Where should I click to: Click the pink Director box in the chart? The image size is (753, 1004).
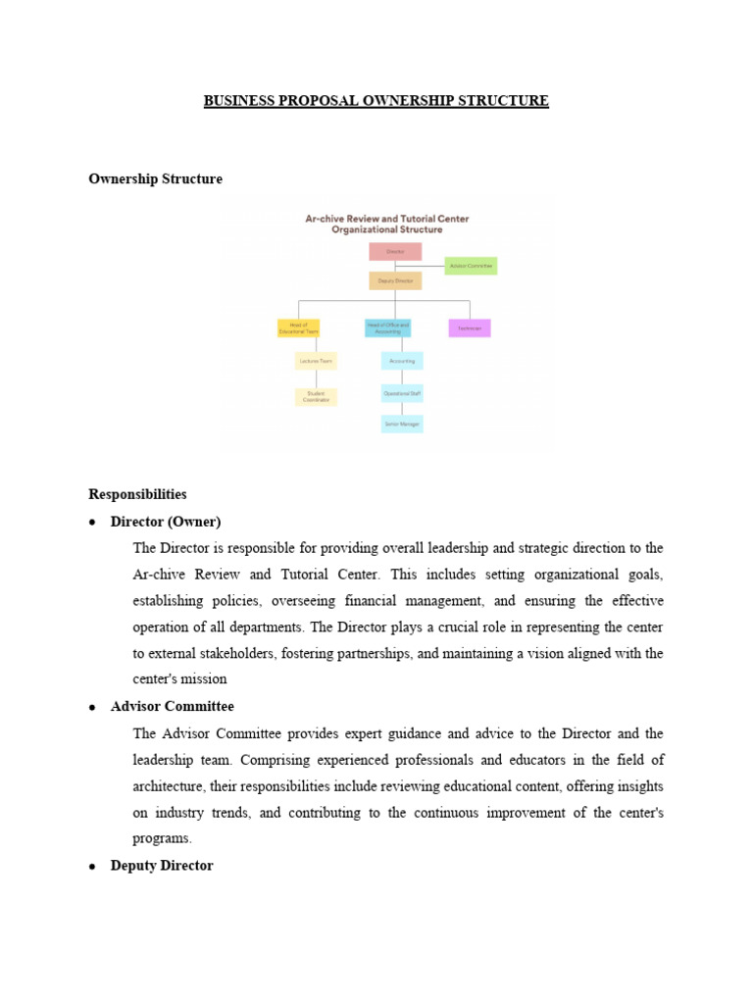click(x=395, y=252)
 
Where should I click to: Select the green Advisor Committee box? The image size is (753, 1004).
click(x=471, y=266)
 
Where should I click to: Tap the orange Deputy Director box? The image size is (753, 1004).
click(x=395, y=280)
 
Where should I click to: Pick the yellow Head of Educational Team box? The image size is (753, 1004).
click(x=298, y=328)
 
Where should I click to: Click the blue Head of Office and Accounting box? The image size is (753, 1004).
click(x=388, y=328)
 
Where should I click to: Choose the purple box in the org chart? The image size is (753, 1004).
click(x=470, y=328)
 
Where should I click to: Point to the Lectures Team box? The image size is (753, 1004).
click(x=316, y=361)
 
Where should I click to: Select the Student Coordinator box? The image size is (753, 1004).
click(x=316, y=397)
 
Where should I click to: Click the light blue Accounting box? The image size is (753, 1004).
click(x=402, y=361)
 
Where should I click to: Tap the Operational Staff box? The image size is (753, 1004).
click(x=402, y=393)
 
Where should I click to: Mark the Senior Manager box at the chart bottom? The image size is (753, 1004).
click(x=402, y=424)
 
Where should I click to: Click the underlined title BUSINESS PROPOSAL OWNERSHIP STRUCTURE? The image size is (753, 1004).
click(x=376, y=101)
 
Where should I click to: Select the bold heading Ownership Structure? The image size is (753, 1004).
click(x=155, y=179)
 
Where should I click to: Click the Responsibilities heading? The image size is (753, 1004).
click(x=137, y=494)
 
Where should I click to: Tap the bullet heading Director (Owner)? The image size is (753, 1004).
click(x=166, y=521)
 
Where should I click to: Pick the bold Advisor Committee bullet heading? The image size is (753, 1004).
click(x=173, y=706)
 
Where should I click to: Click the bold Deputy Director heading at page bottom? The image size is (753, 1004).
click(x=162, y=866)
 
